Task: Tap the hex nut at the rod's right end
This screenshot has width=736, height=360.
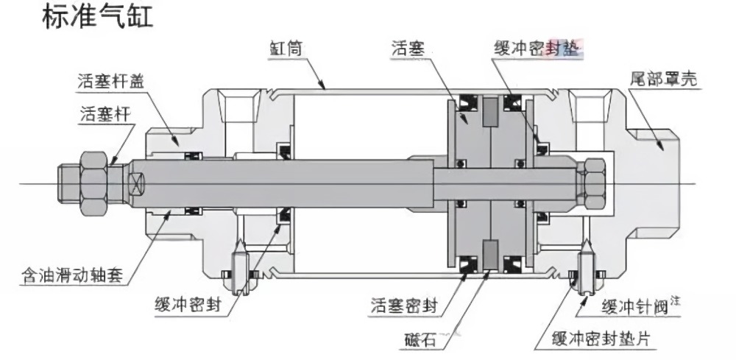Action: (592, 179)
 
